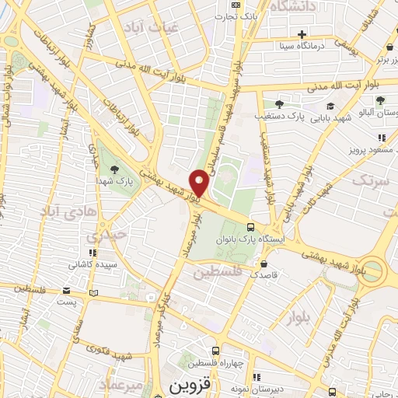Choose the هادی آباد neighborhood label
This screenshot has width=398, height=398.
[x=60, y=211]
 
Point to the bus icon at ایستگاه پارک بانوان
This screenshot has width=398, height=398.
[x=250, y=227]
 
